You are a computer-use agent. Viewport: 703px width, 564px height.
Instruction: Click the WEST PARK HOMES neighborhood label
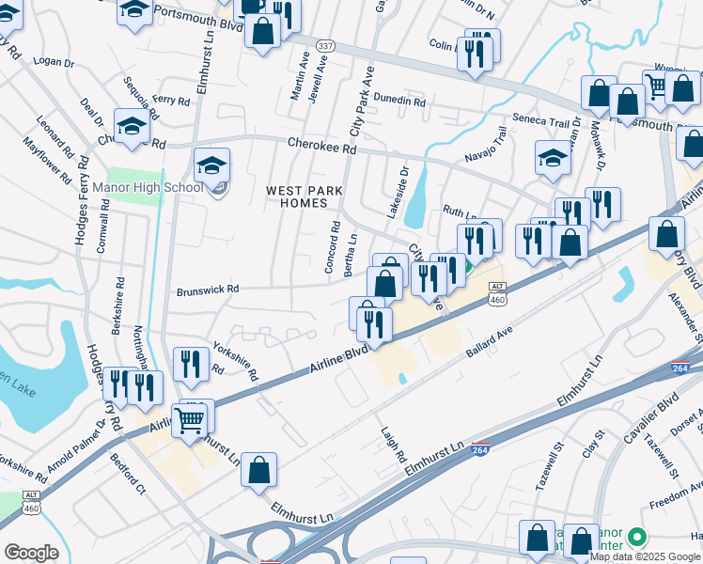pos(303,198)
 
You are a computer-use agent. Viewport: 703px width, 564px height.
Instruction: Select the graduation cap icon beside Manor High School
pos(212,167)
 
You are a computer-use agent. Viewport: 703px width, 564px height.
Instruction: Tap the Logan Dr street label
pos(54,62)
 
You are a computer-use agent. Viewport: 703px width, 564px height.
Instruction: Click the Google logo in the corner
pos(30,553)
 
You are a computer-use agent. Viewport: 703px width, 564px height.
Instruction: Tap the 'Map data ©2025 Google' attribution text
pos(646,556)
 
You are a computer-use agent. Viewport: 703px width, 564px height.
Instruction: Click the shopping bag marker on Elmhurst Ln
pos(258,471)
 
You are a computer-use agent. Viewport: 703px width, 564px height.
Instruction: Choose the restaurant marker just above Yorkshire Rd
pos(192,365)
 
